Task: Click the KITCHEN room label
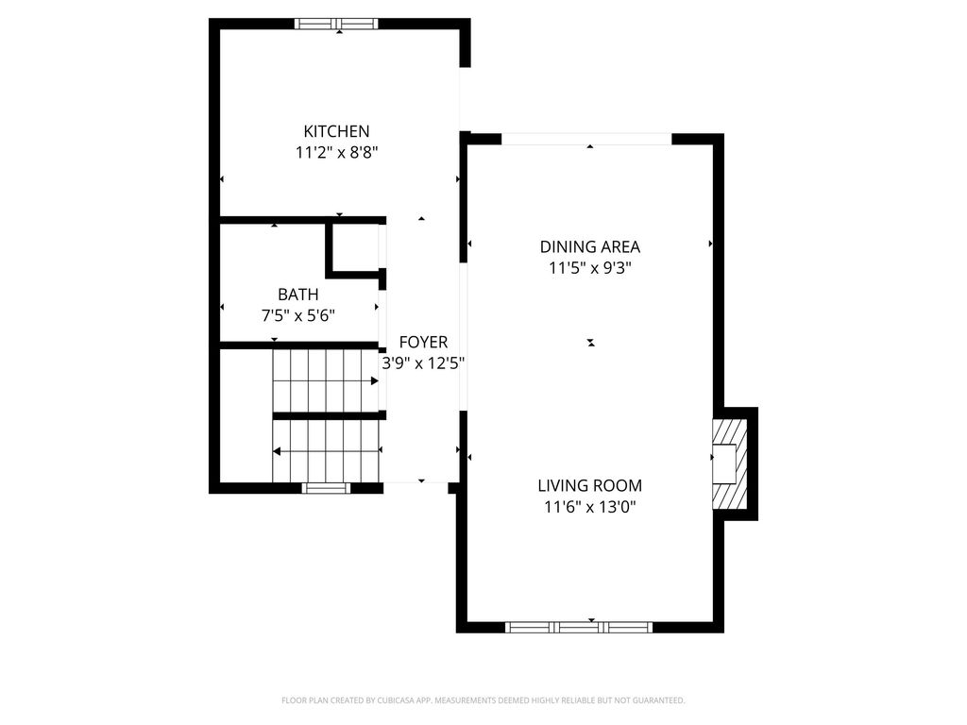[x=336, y=131]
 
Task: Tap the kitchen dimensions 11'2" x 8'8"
[x=336, y=152]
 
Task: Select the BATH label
[x=297, y=295]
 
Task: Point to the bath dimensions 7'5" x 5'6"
[x=297, y=315]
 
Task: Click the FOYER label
[x=423, y=342]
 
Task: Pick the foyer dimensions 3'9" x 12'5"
[x=423, y=363]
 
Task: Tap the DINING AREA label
[x=589, y=246]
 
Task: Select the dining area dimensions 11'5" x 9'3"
[x=589, y=268]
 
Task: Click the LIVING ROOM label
[x=589, y=486]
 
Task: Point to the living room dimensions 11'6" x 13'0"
[x=589, y=507]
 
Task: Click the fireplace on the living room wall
[x=730, y=464]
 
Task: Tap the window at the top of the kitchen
[x=336, y=24]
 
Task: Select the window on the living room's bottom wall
[x=579, y=627]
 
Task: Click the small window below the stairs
[x=326, y=488]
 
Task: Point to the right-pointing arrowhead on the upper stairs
[x=374, y=381]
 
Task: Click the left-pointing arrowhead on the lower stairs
[x=277, y=452]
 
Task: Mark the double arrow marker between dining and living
[x=591, y=342]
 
